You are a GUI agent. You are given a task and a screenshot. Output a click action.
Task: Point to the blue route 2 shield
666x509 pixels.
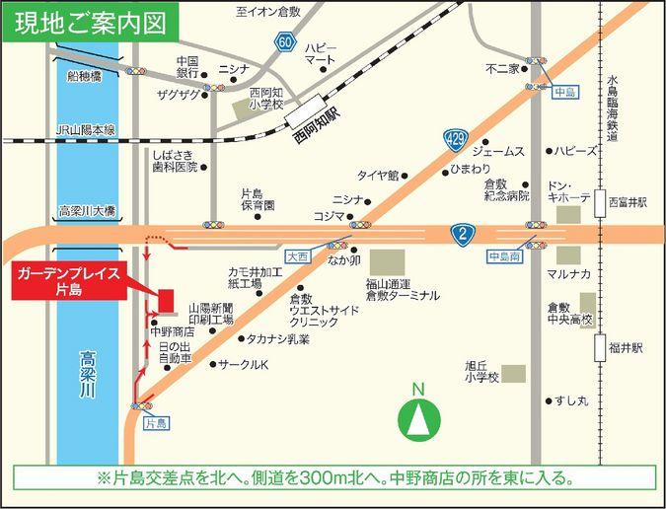(463, 234)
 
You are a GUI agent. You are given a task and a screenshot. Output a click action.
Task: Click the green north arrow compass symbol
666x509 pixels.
(418, 418)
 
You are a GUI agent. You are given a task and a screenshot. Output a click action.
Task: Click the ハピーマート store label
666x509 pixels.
(321, 53)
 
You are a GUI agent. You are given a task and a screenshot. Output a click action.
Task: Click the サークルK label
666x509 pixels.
(245, 364)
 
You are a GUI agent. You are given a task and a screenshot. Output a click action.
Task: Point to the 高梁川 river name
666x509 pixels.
(87, 378)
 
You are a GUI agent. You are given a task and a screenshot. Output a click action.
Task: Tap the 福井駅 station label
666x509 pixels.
(626, 347)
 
